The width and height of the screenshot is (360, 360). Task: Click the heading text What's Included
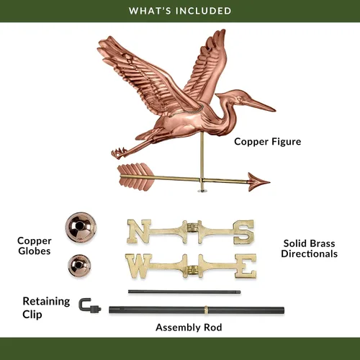tap(180, 11)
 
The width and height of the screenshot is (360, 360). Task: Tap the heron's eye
tap(239, 99)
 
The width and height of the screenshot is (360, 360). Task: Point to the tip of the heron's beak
tap(275, 110)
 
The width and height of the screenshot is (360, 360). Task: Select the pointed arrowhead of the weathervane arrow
tap(258, 182)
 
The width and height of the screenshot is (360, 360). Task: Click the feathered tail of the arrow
tap(135, 176)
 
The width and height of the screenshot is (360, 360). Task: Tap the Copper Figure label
tap(268, 142)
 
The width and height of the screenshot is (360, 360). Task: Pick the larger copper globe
tap(81, 228)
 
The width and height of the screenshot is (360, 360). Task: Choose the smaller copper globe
tap(79, 266)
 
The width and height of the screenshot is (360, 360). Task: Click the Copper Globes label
tap(35, 246)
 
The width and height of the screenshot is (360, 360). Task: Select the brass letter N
tap(139, 231)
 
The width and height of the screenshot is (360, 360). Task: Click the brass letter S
tap(243, 232)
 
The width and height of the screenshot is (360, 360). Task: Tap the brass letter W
tap(138, 266)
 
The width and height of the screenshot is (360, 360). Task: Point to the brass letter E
tap(246, 266)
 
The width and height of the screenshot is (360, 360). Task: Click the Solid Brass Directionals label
tap(310, 248)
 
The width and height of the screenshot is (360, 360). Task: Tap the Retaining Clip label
tap(46, 307)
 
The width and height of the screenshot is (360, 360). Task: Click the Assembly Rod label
tap(189, 328)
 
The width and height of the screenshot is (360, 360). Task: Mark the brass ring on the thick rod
tap(206, 310)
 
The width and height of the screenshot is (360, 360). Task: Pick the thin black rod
tap(184, 292)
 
